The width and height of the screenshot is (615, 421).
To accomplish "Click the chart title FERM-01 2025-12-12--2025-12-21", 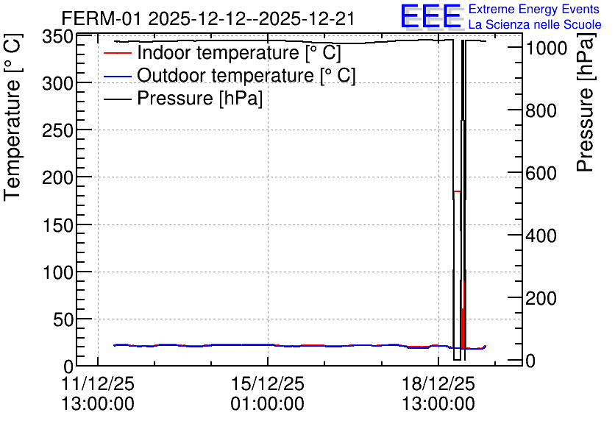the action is pos(208,18).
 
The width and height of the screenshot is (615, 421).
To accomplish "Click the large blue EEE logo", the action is pos(431,16).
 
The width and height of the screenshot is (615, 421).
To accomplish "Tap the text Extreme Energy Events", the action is pos(534,9).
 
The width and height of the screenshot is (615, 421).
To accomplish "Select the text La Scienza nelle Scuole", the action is pos(535,24).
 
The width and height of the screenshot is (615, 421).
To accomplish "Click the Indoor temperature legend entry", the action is pos(222,52).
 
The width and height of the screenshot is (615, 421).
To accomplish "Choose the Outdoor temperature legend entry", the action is pos(230,75).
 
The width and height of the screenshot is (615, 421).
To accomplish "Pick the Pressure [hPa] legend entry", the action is pos(183,98).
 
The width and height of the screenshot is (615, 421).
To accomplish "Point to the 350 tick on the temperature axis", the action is pos(57,37).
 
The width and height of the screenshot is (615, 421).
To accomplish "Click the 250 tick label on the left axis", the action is pos(57,130).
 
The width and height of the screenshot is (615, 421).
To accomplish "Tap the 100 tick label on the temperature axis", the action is pos(57,272).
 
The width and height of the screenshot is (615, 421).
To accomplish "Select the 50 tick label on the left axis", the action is pos(63,319).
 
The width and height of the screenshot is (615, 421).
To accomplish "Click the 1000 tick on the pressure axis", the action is pos(547,49).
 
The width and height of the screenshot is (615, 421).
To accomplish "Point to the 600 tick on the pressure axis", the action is pos(541,173).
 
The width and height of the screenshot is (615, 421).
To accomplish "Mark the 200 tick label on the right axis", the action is pos(541,298).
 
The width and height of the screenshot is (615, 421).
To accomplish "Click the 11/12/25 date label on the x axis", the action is pos(98,383).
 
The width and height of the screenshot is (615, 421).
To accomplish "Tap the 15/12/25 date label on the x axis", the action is pos(268,383).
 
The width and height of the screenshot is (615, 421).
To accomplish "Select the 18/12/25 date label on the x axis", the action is pos(438,383).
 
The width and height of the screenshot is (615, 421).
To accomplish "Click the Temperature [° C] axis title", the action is pos(13,118).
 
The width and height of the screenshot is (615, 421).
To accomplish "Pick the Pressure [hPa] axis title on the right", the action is pos(585,102).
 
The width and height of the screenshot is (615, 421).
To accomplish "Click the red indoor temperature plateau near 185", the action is pos(457,191).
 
